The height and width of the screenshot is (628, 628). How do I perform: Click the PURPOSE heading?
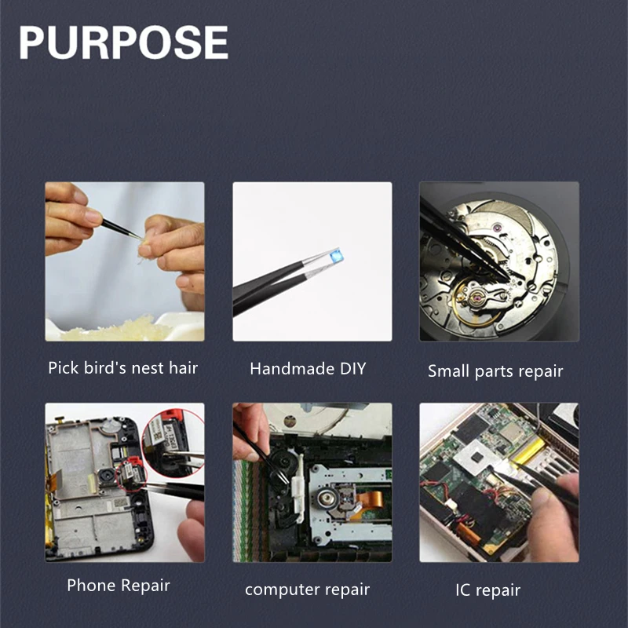[x=123, y=42]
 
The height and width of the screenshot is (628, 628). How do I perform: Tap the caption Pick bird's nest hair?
[x=123, y=368]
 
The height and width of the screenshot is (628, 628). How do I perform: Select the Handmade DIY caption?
[x=308, y=368]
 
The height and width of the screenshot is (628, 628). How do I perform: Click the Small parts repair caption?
[x=495, y=371]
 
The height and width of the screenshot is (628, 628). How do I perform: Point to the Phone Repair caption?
[x=119, y=586]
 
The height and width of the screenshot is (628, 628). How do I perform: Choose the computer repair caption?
[x=307, y=590]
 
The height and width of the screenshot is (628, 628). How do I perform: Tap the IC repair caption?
[x=487, y=590]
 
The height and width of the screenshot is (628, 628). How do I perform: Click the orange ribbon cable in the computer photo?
[x=367, y=501]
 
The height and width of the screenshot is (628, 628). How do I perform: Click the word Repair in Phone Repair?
[x=145, y=586]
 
